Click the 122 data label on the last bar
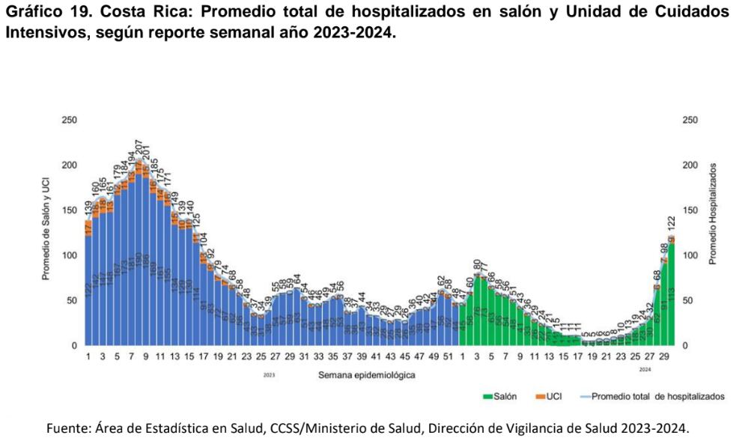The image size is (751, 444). point(672,224)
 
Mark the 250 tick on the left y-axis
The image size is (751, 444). point(69,121)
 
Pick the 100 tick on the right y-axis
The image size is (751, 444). point(690,255)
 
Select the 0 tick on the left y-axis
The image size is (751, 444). point(74,346)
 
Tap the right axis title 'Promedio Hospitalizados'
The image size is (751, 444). point(713,213)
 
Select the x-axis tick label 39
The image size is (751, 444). point(362,357)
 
